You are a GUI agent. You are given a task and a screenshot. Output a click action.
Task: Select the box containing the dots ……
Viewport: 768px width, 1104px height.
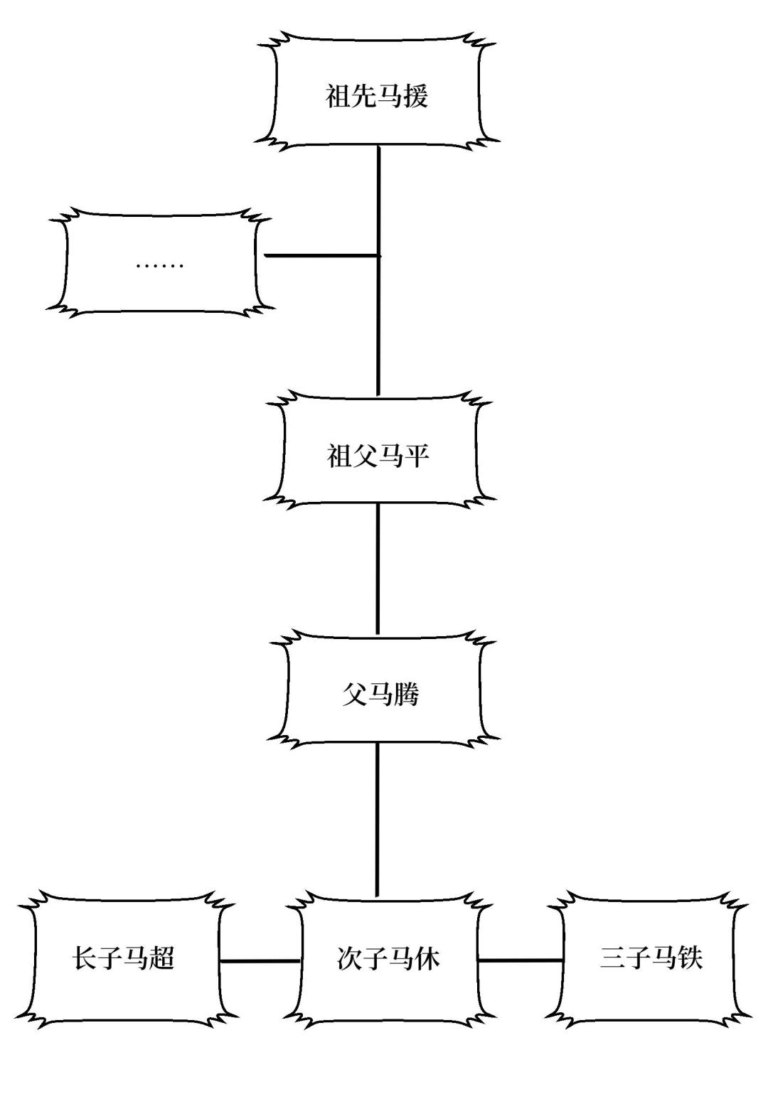click(160, 263)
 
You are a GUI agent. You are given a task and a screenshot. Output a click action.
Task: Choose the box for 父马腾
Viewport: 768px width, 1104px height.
click(381, 693)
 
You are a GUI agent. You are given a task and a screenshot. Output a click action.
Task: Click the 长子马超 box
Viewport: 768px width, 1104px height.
click(124, 958)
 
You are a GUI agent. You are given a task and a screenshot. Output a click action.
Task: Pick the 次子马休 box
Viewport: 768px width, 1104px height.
click(388, 958)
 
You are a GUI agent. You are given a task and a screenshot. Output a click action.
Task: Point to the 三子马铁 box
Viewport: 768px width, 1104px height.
click(651, 958)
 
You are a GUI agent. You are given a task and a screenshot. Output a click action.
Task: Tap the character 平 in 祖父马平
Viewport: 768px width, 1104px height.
click(417, 456)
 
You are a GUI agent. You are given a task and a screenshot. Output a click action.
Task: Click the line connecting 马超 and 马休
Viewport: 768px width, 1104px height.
click(260, 961)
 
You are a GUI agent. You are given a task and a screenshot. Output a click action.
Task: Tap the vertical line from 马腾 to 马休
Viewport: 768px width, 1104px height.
click(377, 818)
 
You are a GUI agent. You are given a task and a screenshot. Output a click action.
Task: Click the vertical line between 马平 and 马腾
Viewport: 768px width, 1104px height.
click(378, 569)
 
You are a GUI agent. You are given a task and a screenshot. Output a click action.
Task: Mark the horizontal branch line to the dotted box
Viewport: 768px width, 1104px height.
click(320, 254)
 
